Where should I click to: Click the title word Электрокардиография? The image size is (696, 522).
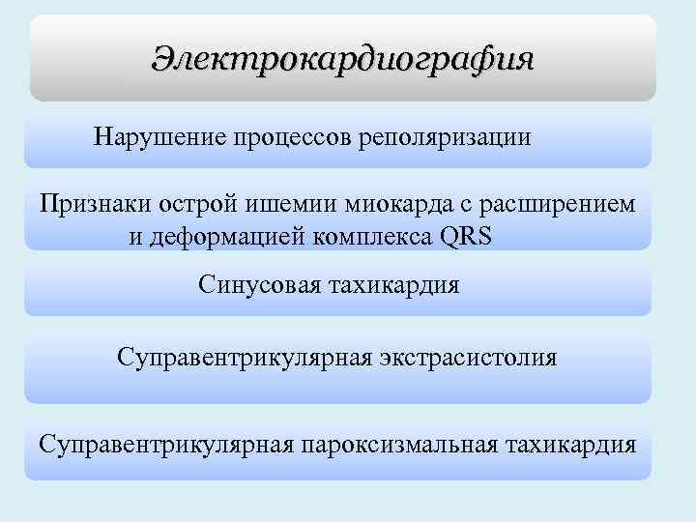coord(342,59)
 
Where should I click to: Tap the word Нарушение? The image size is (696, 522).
coord(159,135)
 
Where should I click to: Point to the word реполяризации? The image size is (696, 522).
coord(445,135)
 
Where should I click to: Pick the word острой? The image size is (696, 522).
coord(183,204)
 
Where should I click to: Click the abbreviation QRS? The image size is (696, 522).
coord(465,237)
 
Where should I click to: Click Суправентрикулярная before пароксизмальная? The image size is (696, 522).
coord(165,445)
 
